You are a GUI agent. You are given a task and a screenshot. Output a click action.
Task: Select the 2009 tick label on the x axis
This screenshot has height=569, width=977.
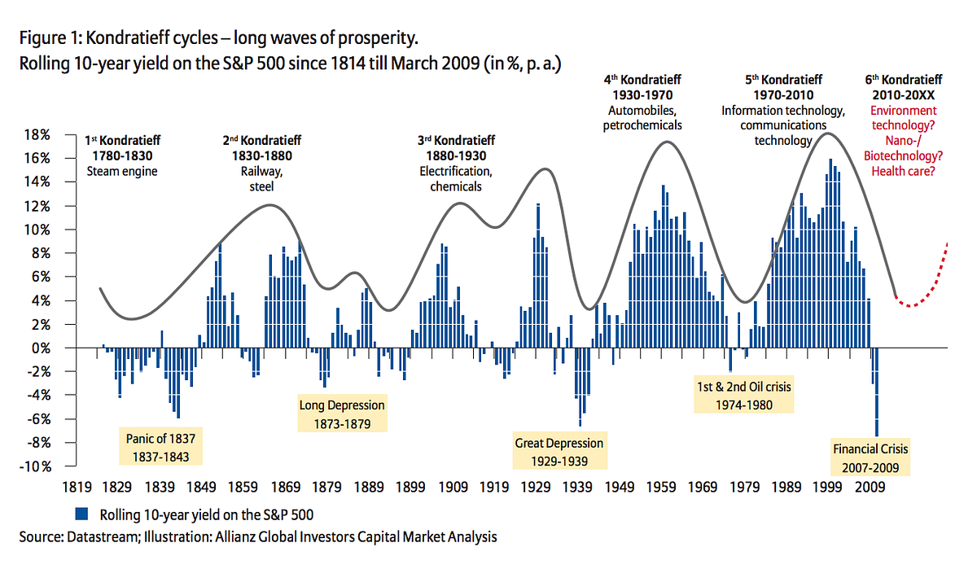click(870, 488)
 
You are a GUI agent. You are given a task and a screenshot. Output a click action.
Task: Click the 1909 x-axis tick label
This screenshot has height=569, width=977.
click(453, 488)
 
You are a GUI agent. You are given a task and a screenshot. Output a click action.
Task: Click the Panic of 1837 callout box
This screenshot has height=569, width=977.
click(161, 447)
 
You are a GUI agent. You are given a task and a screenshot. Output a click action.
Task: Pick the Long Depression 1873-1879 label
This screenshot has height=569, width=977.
click(342, 414)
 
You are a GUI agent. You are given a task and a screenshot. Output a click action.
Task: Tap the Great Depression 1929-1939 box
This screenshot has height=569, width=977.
click(559, 451)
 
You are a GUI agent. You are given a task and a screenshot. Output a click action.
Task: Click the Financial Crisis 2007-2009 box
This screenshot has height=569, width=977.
click(870, 457)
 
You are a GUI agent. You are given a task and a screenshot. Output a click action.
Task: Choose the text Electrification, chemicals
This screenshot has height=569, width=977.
click(455, 179)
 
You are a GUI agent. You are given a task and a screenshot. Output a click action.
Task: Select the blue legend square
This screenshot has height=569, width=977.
click(81, 514)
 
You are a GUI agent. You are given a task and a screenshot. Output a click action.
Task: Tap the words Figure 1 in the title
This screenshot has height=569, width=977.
click(45, 39)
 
